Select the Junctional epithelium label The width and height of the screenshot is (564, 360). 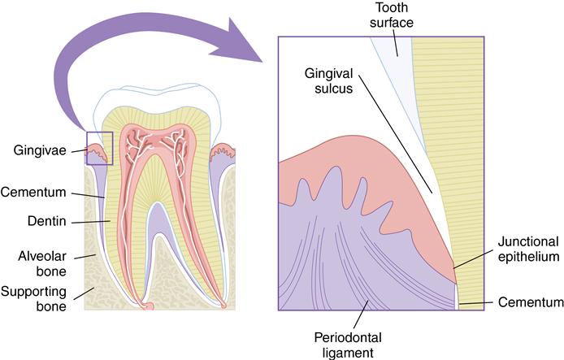528,249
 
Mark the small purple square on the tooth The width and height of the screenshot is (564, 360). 99,148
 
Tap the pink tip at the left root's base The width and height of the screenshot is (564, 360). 148,306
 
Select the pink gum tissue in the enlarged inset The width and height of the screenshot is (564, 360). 382,203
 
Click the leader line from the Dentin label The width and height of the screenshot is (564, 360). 90,221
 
